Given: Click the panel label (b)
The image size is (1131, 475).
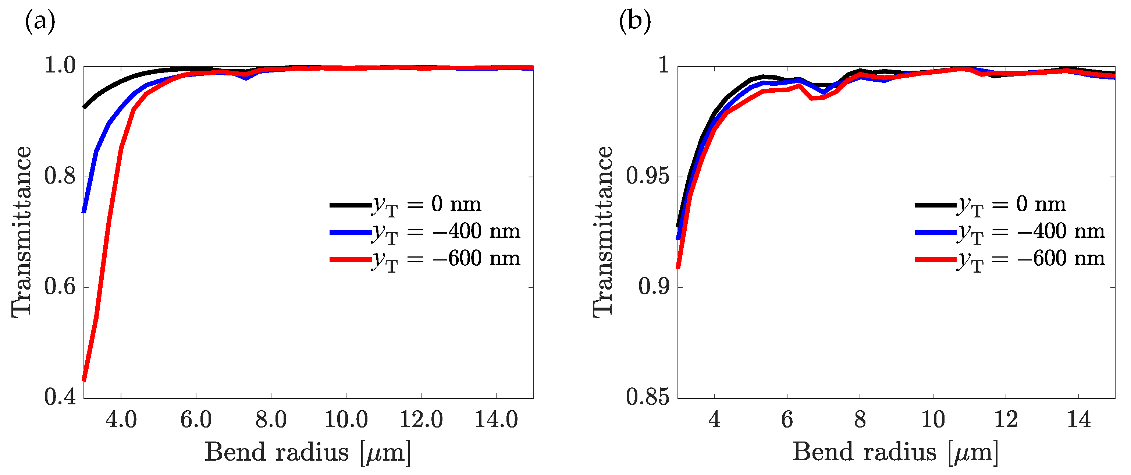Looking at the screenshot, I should point(634,21).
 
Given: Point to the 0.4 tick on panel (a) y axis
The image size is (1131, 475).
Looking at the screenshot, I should point(60,397).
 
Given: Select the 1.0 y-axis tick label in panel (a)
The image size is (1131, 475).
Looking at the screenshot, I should point(60,66).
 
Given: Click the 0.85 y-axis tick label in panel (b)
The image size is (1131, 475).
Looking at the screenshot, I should point(648,397).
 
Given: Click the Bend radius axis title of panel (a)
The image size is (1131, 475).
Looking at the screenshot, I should point(307,452).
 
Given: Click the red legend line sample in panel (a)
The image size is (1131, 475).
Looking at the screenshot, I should point(351,260).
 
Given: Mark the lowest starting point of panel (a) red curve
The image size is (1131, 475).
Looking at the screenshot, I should point(84,380).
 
